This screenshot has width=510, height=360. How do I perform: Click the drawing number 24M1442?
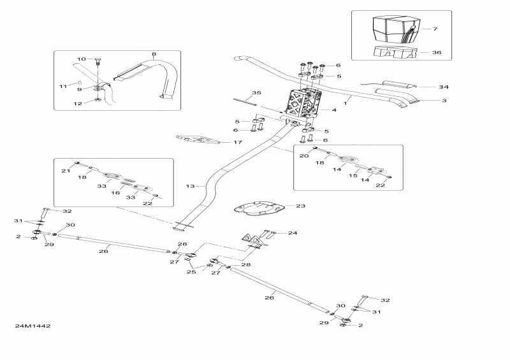pos(33,326)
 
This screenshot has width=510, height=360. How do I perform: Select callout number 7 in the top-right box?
pos(435,29)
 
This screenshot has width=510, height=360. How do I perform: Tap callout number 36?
pos(436,53)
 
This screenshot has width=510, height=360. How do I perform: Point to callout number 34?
pos(444,87)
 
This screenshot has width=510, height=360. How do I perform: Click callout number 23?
pos(301,206)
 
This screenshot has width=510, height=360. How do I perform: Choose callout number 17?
pos(237,142)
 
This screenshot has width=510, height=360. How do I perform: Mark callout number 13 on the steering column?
pos(189,186)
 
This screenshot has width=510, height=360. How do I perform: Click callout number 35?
pos(239,93)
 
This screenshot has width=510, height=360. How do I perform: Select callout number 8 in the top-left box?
pos(154,54)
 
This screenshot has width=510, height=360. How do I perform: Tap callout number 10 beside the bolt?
pos(81,59)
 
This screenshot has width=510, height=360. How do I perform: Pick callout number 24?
pos(293,233)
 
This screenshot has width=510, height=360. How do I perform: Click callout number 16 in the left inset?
pos(116,192)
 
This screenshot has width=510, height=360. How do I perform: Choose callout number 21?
pos(66,171)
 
